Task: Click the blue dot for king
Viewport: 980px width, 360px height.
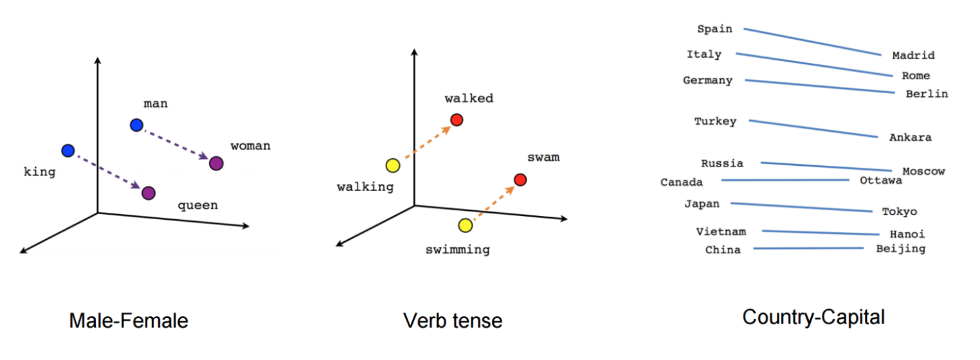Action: [x=68, y=150]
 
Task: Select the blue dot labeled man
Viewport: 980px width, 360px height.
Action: [x=136, y=125]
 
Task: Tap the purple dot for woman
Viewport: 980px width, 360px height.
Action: [x=216, y=163]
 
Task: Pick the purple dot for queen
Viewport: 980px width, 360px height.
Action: [x=149, y=192]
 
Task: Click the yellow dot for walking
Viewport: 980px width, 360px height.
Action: [x=392, y=166]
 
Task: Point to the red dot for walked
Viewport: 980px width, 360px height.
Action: [x=457, y=120]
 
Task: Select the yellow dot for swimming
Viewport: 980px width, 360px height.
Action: [x=466, y=225]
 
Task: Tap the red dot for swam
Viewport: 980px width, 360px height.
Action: [x=521, y=179]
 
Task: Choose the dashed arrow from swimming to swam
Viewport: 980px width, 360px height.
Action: [x=493, y=202]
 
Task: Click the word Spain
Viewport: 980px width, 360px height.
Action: [x=714, y=29]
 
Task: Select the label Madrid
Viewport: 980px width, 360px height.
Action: [x=913, y=56]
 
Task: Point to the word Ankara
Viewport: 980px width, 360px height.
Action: [x=910, y=138]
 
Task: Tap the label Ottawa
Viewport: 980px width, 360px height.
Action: [x=881, y=181]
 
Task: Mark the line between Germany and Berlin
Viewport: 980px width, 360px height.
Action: [x=819, y=86]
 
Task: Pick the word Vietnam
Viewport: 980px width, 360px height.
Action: [x=721, y=231]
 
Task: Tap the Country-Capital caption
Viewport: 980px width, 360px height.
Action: [x=813, y=317]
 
